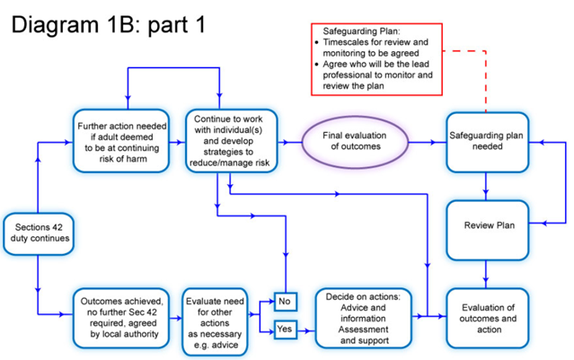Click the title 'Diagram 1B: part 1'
pos(108,23)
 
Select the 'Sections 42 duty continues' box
pos(38,233)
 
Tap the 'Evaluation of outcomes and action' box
pos(486,318)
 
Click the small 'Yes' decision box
pos(285,329)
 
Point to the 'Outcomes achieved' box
pos(120,318)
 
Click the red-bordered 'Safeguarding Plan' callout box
pos(372,60)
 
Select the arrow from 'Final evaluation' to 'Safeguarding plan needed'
pos(427,142)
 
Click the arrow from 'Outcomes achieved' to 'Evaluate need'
pos(173,318)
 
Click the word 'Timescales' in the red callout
pos(349,42)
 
